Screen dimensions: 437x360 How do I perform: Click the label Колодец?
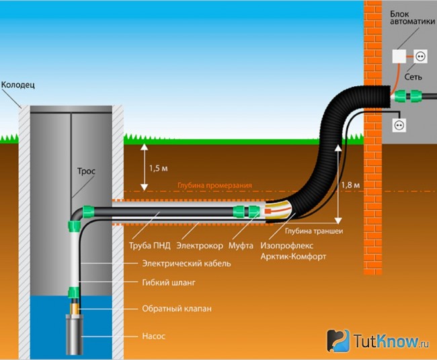[18, 85]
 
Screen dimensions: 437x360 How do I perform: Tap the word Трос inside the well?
[86, 171]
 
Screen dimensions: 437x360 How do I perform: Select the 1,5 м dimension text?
[158, 168]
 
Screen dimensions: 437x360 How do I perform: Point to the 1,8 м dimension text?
[350, 184]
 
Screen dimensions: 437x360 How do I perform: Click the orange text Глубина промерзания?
[214, 186]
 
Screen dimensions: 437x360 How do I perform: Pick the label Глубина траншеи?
[314, 231]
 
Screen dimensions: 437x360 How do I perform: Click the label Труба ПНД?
[150, 246]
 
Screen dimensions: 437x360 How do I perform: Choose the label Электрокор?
[200, 246]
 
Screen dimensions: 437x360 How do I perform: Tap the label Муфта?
[241, 246]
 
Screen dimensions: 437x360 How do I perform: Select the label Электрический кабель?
[186, 264]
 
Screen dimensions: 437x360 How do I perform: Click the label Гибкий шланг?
[169, 283]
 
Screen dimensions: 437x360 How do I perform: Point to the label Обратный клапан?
[177, 309]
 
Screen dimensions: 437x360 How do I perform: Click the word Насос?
[153, 336]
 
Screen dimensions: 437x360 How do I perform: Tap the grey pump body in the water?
[75, 334]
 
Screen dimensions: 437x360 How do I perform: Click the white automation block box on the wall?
[399, 57]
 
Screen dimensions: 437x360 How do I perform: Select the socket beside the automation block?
[420, 57]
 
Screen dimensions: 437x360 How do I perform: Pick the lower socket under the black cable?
[399, 125]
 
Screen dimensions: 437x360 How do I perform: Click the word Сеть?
[413, 77]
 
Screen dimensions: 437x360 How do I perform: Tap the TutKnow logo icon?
[338, 340]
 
